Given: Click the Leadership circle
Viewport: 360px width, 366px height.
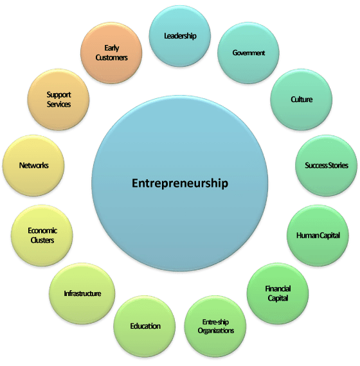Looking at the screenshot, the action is [180, 36].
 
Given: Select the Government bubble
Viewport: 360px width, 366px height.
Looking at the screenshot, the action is [248, 53].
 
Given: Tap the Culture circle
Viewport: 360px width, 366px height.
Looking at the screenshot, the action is [301, 100].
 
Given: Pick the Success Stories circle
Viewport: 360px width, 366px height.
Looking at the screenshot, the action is [327, 166].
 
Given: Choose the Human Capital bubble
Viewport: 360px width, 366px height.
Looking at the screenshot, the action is [318, 235].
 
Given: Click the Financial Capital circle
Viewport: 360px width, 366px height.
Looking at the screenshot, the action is [278, 293].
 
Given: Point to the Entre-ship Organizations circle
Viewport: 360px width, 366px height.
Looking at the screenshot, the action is [215, 326].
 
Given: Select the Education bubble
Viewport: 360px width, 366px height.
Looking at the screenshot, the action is [145, 326].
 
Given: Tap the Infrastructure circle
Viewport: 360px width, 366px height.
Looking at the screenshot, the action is [82, 293].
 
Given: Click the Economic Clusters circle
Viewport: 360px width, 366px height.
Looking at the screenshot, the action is [42, 235].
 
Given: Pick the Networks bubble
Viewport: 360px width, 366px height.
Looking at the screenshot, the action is [33, 166].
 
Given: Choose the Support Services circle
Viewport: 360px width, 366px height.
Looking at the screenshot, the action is [59, 100].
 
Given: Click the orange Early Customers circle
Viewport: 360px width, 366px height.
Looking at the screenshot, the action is [111, 53].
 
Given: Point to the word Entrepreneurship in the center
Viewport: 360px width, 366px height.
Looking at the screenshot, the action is [180, 184].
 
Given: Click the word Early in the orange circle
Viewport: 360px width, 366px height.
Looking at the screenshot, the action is [112, 48].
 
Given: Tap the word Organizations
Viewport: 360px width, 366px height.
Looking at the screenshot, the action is [216, 331].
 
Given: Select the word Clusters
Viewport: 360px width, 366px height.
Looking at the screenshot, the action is [42, 240].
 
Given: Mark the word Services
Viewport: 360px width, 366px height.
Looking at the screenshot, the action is [59, 104].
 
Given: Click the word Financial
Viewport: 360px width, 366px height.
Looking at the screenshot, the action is [278, 289].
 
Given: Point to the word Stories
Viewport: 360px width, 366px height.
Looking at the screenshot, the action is [338, 166].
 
